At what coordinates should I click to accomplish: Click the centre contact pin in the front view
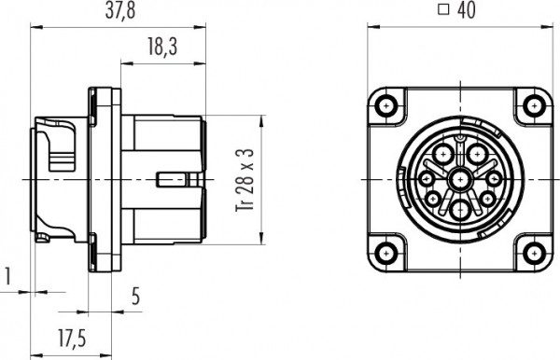click(x=460, y=179)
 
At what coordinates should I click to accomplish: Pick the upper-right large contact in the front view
click(x=478, y=153)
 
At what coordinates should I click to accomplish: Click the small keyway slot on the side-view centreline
click(x=170, y=178)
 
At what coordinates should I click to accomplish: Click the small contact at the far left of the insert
click(x=427, y=178)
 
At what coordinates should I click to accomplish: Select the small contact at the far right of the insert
click(x=493, y=178)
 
